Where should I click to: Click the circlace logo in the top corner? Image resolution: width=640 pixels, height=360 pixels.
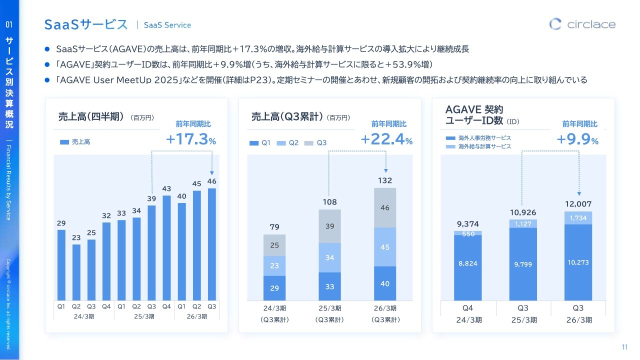coord(582,24)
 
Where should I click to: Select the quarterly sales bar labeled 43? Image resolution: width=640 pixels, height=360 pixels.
coord(166,247)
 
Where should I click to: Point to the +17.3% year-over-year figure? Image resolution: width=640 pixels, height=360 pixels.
coord(190,139)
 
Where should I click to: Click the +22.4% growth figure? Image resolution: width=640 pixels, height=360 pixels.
coord(386,139)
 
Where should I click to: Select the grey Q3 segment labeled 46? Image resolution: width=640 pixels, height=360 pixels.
coord(385,207)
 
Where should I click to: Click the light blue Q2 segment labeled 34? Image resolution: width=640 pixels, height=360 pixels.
coord(329,257)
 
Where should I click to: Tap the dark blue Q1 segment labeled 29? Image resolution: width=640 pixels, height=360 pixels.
coord(274,288)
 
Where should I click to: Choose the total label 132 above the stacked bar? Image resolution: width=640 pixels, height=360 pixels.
coord(385,180)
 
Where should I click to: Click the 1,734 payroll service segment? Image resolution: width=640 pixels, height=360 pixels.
coord(578,218)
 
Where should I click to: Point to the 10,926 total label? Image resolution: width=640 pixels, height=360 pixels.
coord(522,213)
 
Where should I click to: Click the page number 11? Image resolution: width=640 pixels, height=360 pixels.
coord(624,347)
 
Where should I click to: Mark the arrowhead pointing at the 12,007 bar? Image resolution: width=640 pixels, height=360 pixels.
coord(579,193)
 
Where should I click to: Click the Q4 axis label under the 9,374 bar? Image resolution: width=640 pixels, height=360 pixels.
coord(468,308)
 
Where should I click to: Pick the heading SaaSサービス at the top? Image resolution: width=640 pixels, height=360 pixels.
coord(86,24)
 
